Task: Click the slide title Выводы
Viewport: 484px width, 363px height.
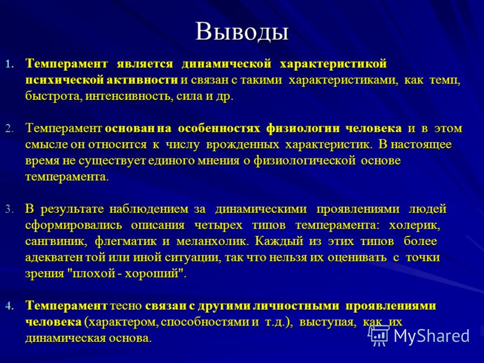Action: (x=242, y=32)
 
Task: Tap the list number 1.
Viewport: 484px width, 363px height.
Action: (x=9, y=65)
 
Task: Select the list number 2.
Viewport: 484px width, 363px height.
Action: (x=9, y=129)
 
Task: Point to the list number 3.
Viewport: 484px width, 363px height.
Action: (x=9, y=209)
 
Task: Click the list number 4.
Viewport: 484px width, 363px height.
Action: (x=9, y=306)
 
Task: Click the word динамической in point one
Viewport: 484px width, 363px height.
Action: (x=226, y=64)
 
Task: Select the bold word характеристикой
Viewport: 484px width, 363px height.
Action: (x=333, y=64)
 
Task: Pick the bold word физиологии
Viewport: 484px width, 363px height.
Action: (x=303, y=128)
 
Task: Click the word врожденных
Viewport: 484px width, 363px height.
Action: (x=243, y=145)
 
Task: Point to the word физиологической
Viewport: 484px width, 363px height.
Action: (x=305, y=161)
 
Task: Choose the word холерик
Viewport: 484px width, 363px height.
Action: (x=414, y=226)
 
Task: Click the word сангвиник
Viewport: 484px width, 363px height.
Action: (x=56, y=241)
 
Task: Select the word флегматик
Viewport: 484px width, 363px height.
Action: (x=126, y=241)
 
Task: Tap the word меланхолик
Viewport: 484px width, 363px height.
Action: (x=212, y=241)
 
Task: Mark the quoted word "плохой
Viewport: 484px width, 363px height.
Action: (x=91, y=274)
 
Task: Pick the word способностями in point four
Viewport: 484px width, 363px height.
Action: (x=205, y=322)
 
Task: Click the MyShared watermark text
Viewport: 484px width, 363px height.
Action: (x=431, y=336)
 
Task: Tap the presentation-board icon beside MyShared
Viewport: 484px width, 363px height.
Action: (x=379, y=336)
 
